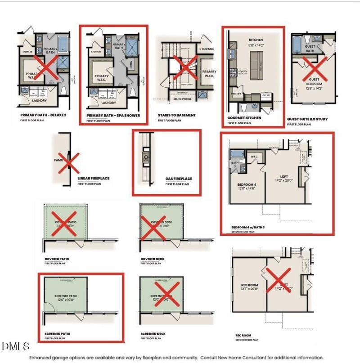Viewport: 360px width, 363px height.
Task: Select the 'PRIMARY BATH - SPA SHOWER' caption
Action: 113,116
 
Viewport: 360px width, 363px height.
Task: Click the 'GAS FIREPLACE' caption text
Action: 179,179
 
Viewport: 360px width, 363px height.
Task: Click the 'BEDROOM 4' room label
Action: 246,184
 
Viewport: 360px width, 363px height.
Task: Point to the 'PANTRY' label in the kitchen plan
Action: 236,94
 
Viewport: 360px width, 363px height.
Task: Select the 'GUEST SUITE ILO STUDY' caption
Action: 307,120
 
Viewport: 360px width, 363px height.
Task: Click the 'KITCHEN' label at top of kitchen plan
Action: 255,40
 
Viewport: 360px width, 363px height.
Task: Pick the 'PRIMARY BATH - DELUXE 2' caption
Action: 43,116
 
